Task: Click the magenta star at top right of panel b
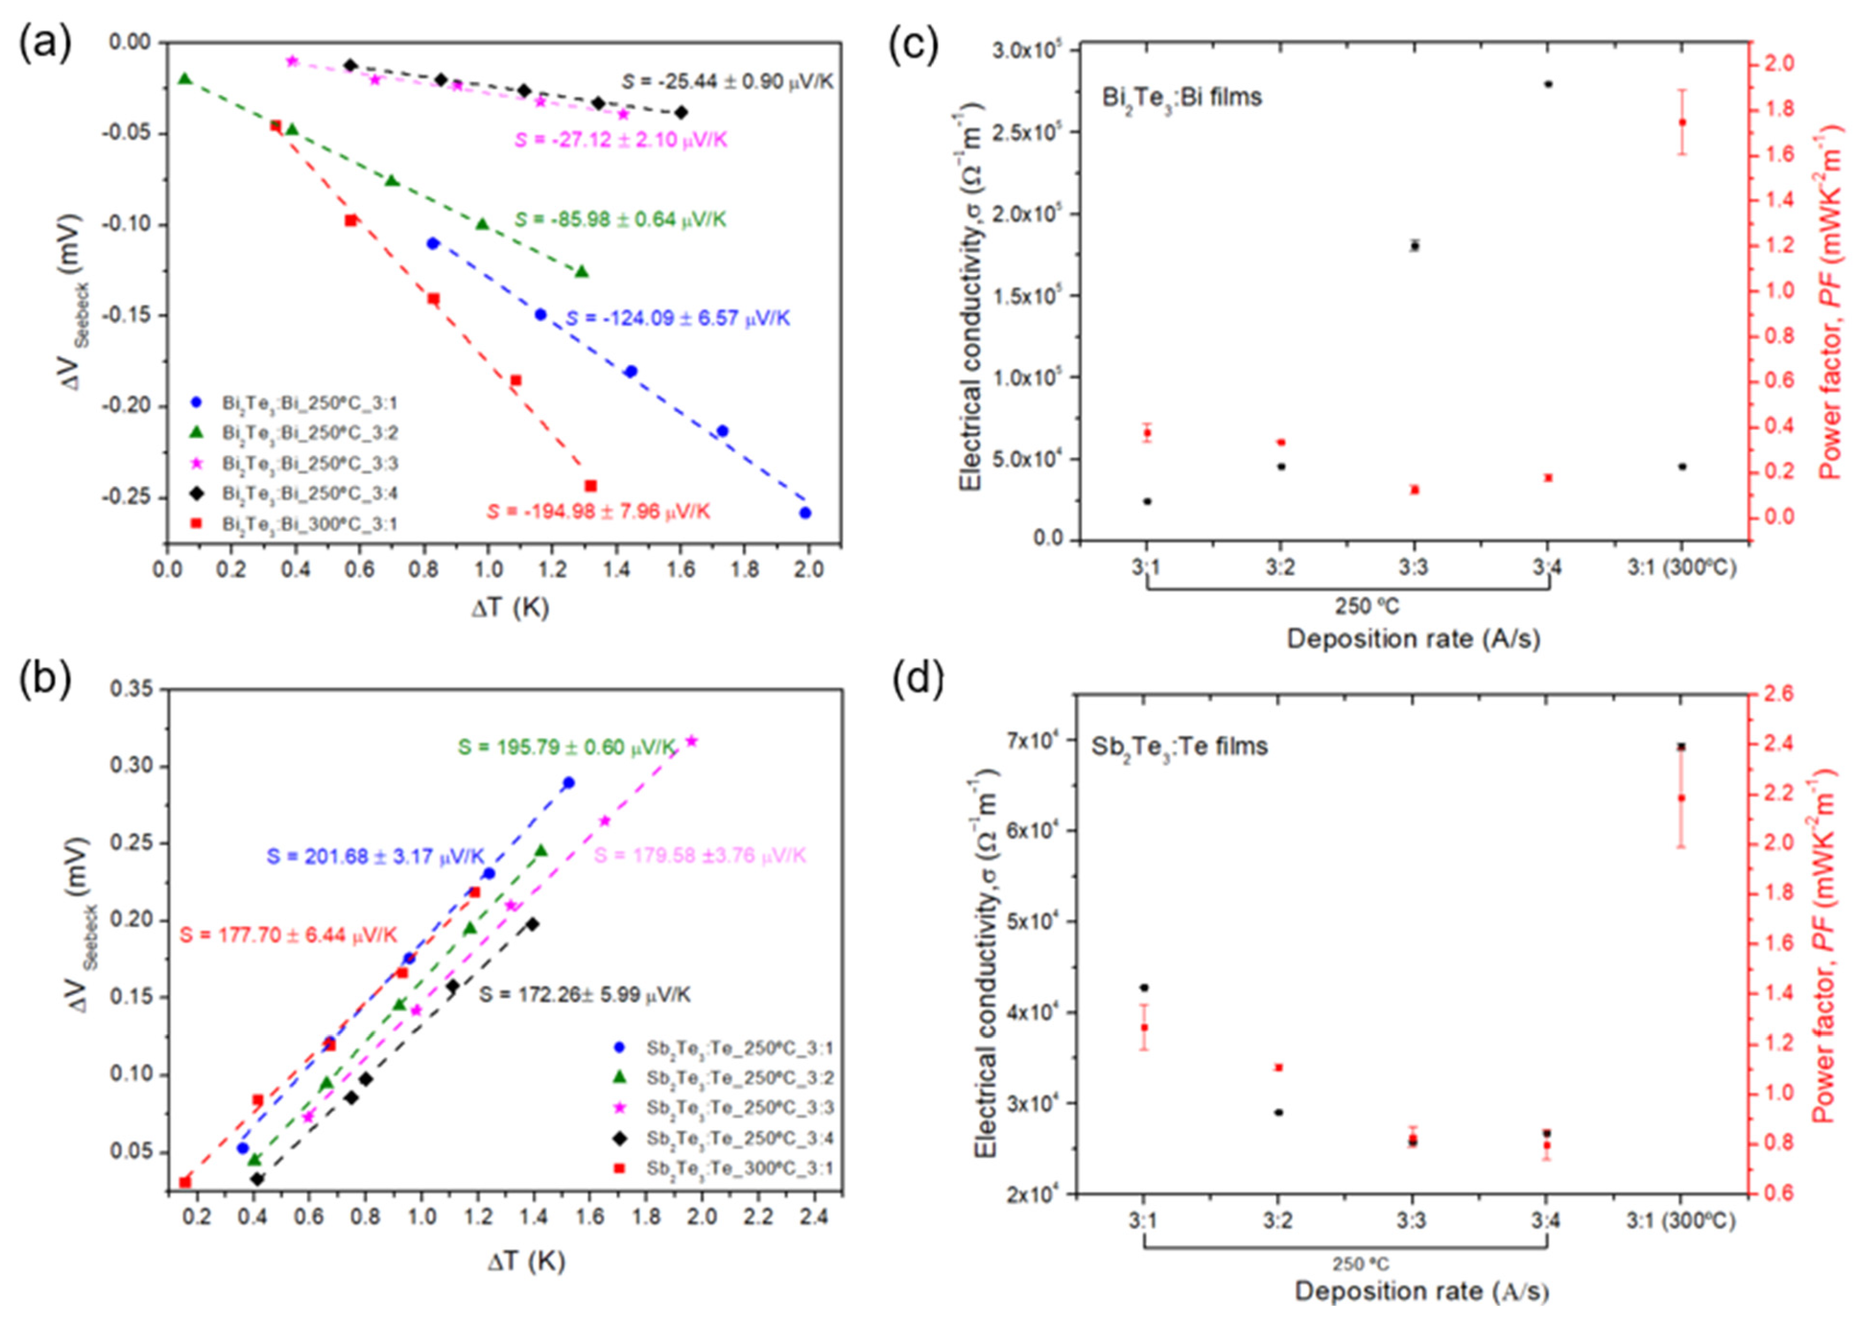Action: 692,741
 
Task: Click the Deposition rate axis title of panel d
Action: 1421,1292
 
